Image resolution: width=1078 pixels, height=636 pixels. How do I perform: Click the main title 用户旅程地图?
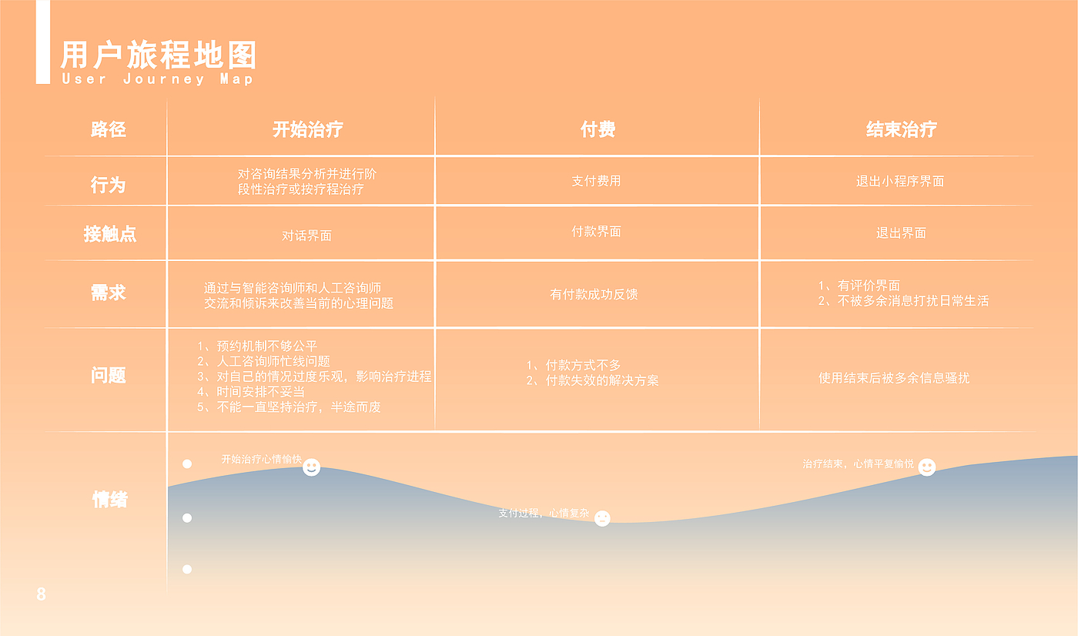coord(159,55)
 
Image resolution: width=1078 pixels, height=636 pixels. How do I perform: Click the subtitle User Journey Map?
coord(157,79)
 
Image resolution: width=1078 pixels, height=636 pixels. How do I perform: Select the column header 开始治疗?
coord(307,129)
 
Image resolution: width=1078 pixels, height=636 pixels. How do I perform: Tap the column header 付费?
coord(598,129)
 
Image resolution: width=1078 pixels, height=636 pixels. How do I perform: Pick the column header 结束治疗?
coord(902,129)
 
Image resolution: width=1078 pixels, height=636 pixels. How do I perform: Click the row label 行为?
coord(109,185)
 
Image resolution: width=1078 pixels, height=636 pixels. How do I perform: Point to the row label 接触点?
coord(109,234)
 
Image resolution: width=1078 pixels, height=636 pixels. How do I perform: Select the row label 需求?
coord(109,293)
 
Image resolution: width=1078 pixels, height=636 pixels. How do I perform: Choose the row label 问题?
coord(109,375)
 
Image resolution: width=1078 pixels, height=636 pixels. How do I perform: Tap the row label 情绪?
coord(109,500)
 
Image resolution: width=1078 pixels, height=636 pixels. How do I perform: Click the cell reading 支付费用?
coord(596,181)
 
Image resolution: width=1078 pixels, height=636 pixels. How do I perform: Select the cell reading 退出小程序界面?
coord(900,182)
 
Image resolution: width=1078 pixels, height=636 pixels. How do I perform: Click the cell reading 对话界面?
coord(306,236)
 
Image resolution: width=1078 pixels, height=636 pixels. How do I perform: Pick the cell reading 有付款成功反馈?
coord(594,294)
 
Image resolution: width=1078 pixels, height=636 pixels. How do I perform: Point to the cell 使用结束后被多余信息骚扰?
coord(894,378)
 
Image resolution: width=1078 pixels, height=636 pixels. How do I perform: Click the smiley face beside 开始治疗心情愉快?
coord(311,467)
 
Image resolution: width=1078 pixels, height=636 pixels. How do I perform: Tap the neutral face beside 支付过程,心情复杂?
coord(602,518)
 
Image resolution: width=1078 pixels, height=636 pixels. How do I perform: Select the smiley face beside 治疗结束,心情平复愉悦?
coord(927,467)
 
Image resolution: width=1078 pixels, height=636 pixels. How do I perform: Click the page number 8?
coord(42,594)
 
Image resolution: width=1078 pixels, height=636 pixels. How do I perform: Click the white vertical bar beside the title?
coord(43,42)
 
